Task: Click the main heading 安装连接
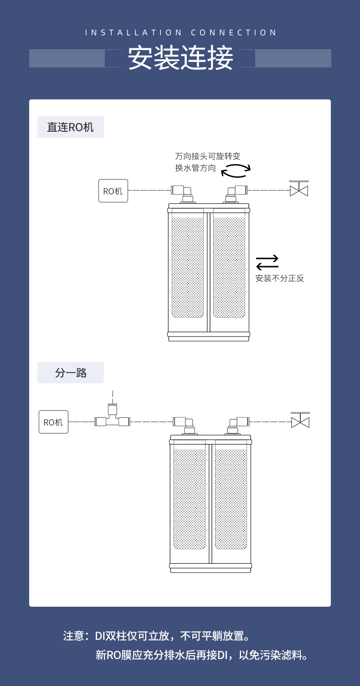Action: (x=180, y=58)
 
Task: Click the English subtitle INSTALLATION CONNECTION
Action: (x=180, y=33)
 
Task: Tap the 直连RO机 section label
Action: (x=71, y=127)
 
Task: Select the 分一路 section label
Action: (x=71, y=373)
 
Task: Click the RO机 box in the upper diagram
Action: (x=113, y=191)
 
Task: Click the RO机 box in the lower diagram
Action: (x=53, y=422)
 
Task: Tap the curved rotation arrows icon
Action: (x=236, y=170)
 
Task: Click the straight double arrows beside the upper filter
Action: (x=267, y=263)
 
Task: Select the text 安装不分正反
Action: (x=279, y=279)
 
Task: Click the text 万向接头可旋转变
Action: (x=207, y=156)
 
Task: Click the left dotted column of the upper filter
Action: (x=188, y=268)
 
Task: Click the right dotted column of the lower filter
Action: (x=231, y=499)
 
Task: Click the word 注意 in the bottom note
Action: (x=73, y=636)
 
